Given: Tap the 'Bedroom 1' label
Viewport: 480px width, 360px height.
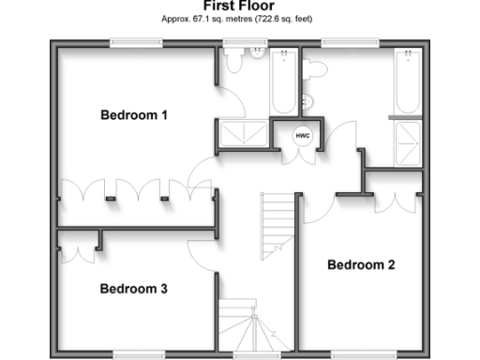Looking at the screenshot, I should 134,115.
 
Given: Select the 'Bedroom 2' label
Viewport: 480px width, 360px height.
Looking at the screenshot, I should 361,265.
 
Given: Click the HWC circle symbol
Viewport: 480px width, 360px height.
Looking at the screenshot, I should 303,135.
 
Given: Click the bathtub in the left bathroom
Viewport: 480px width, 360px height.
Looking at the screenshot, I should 283,82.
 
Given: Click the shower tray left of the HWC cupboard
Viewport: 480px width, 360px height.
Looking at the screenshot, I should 243,135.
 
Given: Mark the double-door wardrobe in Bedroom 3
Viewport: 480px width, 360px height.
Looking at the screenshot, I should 75,246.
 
